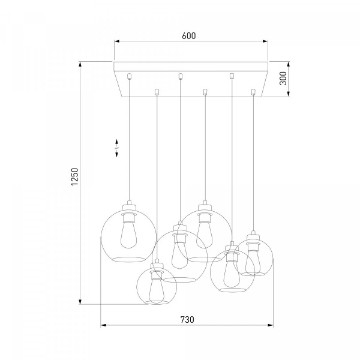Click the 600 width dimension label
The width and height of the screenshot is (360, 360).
(189, 36)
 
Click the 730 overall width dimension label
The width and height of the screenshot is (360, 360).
(187, 320)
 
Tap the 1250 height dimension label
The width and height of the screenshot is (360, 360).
(75, 177)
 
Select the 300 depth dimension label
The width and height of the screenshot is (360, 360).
(283, 78)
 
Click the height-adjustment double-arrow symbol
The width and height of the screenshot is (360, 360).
(116, 148)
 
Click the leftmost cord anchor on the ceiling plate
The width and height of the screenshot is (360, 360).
(130, 76)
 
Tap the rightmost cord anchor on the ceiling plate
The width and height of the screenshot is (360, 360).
(253, 92)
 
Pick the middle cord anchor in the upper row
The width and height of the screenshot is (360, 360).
(181, 76)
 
